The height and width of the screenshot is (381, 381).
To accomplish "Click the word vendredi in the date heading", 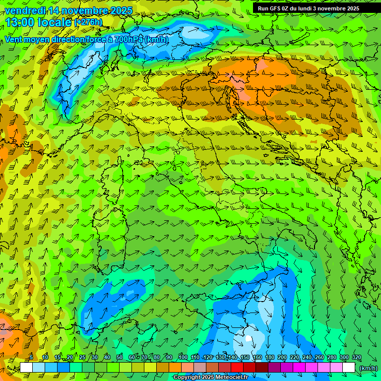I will (24, 10).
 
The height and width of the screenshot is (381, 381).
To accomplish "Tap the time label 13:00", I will (20, 22).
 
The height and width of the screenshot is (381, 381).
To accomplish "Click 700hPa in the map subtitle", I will (128, 39).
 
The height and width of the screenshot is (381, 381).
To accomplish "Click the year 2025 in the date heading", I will (120, 10).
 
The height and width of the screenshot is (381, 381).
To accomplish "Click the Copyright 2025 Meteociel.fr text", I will (211, 378).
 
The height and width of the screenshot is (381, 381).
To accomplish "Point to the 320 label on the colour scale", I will (356, 358).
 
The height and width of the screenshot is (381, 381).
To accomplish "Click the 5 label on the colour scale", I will (31, 358).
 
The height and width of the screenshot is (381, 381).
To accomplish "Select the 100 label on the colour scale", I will (183, 358).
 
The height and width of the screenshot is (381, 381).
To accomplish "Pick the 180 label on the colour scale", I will (269, 358).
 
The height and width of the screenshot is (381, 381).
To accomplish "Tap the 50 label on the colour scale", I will (120, 358).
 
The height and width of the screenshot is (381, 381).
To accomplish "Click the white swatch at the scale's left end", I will (26, 368).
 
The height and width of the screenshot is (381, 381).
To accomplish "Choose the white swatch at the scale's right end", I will (349, 368).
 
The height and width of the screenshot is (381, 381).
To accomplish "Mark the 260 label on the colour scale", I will (319, 358).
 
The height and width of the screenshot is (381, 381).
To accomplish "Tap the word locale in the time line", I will (56, 22).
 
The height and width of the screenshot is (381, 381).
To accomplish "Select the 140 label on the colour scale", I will (232, 358).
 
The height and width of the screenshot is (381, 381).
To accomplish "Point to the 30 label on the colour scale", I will (95, 358).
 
